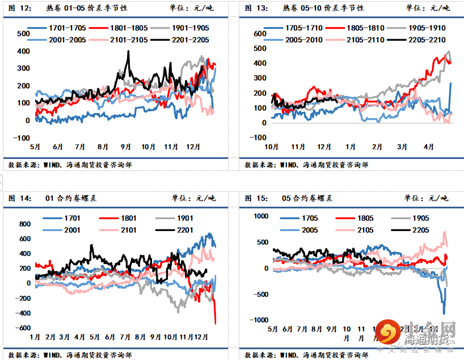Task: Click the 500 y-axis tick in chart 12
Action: (x=24, y=34)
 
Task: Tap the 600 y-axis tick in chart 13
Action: (x=260, y=34)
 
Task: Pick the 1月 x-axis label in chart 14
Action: (x=35, y=337)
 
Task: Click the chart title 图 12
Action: (x=20, y=8)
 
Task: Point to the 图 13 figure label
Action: (x=256, y=8)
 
